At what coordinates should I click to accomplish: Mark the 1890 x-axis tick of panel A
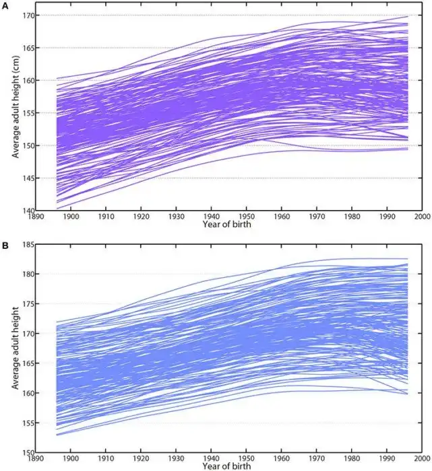[37, 217]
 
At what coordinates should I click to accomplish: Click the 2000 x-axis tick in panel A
[422, 217]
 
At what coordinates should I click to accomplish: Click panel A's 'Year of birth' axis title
[229, 224]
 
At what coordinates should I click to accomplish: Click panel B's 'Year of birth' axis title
[229, 466]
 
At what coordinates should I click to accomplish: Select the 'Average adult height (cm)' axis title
[15, 112]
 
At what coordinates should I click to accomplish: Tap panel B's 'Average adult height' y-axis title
[15, 353]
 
